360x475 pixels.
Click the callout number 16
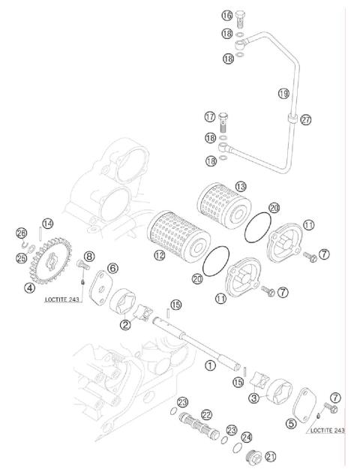click(x=227, y=15)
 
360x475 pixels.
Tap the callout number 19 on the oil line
click(x=283, y=93)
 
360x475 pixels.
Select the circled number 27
click(x=305, y=119)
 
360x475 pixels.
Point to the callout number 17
click(x=210, y=117)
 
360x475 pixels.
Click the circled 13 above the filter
click(x=241, y=185)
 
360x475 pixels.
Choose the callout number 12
click(x=159, y=256)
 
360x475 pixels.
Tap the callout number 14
click(x=47, y=223)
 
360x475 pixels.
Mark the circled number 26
click(x=21, y=233)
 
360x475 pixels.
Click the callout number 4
click(x=29, y=287)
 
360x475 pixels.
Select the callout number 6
click(x=112, y=268)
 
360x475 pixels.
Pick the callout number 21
click(x=271, y=455)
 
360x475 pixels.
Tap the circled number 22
click(x=206, y=414)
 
